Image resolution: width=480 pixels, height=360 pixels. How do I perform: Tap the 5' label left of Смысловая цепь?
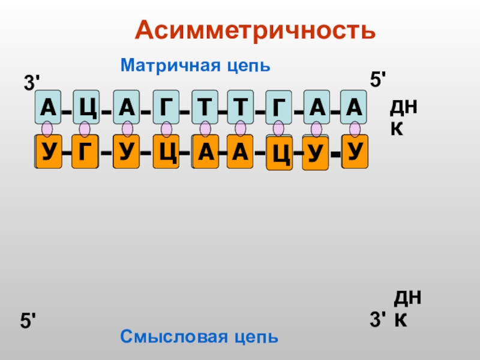[x=29, y=321]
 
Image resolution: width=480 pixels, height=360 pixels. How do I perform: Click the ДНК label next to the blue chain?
[x=404, y=118]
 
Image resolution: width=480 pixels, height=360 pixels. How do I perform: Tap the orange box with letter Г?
[x=85, y=152]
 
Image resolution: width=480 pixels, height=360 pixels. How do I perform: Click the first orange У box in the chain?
[x=48, y=152]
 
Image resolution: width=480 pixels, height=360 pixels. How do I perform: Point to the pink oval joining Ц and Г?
[x=85, y=130]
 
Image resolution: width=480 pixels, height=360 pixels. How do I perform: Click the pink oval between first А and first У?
[x=47, y=130]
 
